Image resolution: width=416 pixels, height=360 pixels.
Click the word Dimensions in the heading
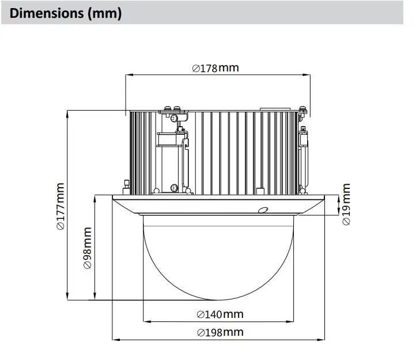(x=47, y=13)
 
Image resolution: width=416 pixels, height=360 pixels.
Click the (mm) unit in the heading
(x=105, y=13)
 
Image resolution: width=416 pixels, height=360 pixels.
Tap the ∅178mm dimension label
(x=215, y=68)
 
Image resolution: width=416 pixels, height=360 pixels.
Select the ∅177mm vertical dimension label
(x=60, y=206)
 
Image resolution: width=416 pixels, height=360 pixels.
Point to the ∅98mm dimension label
(x=88, y=248)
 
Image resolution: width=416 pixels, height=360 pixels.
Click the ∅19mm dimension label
(x=346, y=204)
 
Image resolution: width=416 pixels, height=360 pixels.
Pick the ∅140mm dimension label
(x=220, y=314)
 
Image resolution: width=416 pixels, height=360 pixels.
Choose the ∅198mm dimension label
(x=220, y=332)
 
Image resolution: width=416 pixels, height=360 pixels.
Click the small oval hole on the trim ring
(x=263, y=210)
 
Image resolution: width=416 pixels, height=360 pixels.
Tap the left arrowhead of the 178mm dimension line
(x=129, y=75)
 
